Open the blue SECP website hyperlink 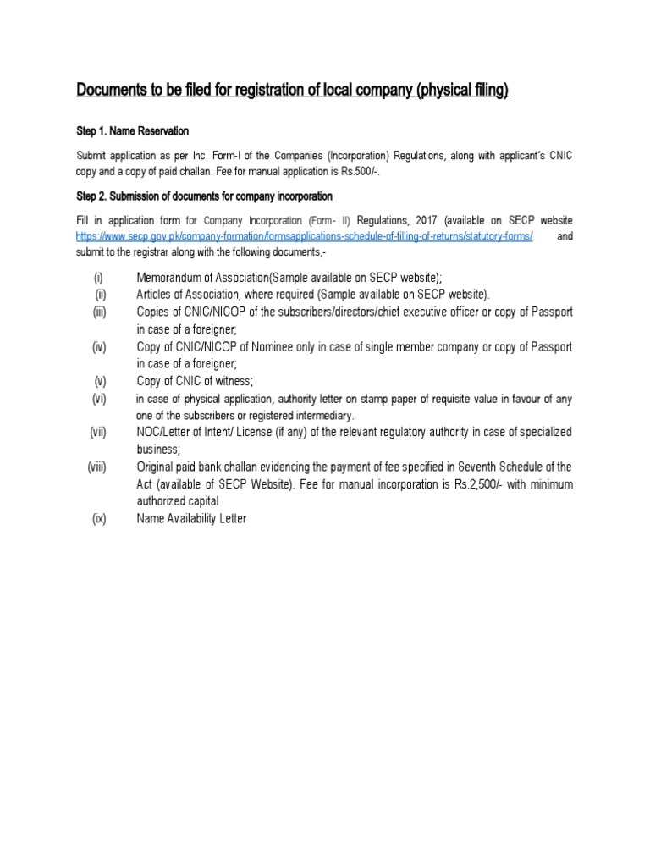[x=304, y=237]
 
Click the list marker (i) [x=98, y=278]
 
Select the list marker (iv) [x=99, y=347]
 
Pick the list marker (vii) [x=98, y=433]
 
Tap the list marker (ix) [x=99, y=519]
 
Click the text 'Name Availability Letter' [x=191, y=519]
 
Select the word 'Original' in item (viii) [x=156, y=467]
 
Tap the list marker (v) [x=100, y=381]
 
